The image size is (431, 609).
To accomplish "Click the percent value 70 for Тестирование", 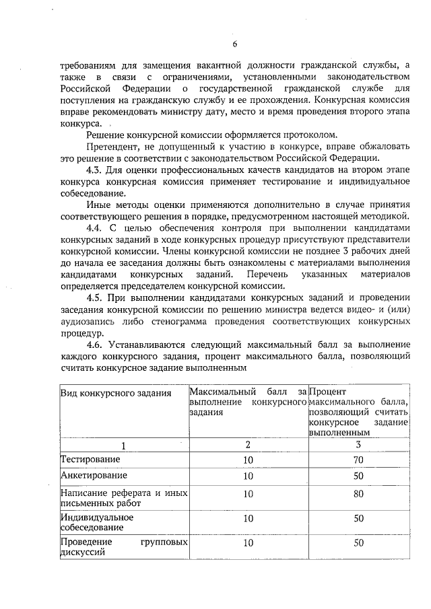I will pos(358,460).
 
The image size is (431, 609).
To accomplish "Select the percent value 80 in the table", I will pos(358,495).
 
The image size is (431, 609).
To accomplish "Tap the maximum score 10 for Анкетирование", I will pos(248,476).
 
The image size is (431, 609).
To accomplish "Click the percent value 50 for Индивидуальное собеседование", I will pos(358,519).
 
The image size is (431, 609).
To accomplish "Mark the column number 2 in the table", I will pos(248,444).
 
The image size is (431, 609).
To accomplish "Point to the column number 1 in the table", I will pos(123,444).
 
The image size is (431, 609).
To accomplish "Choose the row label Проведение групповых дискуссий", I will pos(123,547).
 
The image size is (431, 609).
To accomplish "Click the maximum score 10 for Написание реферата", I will pos(248,495).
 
